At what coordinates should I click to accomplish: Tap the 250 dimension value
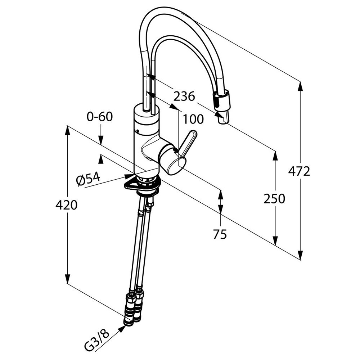click(x=274, y=198)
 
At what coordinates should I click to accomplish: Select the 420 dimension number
click(x=66, y=205)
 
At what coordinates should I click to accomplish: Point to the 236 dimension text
click(x=184, y=96)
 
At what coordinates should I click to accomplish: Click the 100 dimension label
click(x=193, y=119)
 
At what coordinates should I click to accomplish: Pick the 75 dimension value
click(x=220, y=234)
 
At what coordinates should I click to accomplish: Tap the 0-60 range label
click(x=100, y=117)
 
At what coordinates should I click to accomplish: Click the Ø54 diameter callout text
click(x=89, y=178)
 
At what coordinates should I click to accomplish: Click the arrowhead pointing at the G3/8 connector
click(x=122, y=329)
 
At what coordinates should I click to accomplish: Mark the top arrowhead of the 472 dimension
click(x=300, y=86)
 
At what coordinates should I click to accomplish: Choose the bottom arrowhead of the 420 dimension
click(x=67, y=279)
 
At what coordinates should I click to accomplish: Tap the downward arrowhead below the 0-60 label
click(x=100, y=140)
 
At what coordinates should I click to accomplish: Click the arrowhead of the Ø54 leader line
click(x=129, y=176)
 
